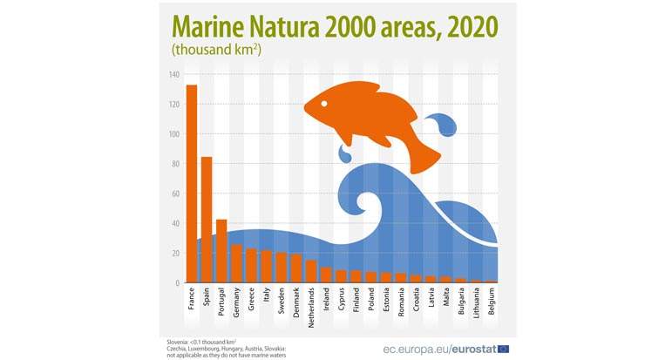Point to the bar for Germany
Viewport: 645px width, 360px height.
tap(236, 263)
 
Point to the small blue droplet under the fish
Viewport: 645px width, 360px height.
tap(346, 156)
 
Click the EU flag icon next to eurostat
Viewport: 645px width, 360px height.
tap(503, 348)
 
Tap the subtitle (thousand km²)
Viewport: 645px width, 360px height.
tap(217, 50)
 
